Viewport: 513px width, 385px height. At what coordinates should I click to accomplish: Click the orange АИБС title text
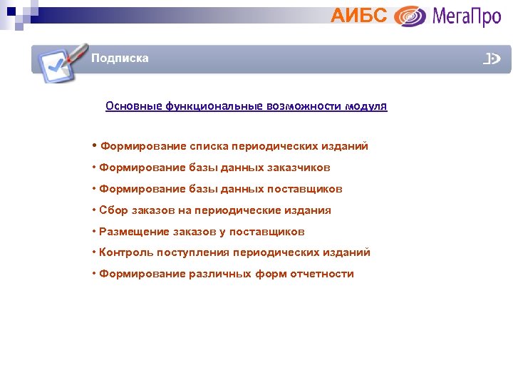click(x=358, y=15)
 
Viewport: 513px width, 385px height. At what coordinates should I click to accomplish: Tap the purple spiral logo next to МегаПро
click(x=410, y=16)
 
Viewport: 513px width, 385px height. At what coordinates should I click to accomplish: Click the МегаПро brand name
click(x=467, y=16)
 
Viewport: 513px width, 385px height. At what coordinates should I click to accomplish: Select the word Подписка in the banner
click(x=120, y=58)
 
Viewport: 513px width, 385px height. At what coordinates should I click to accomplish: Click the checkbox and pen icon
click(x=61, y=63)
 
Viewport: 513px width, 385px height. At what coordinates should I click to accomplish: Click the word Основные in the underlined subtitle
click(x=133, y=106)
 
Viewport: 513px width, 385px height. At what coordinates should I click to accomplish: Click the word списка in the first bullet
click(x=209, y=146)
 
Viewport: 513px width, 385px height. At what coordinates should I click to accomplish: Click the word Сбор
click(x=113, y=210)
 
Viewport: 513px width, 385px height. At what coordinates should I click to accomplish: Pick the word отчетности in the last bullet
click(x=322, y=274)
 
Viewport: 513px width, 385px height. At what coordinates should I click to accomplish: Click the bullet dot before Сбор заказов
click(x=94, y=210)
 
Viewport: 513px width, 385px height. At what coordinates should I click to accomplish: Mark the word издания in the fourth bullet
click(x=308, y=210)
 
